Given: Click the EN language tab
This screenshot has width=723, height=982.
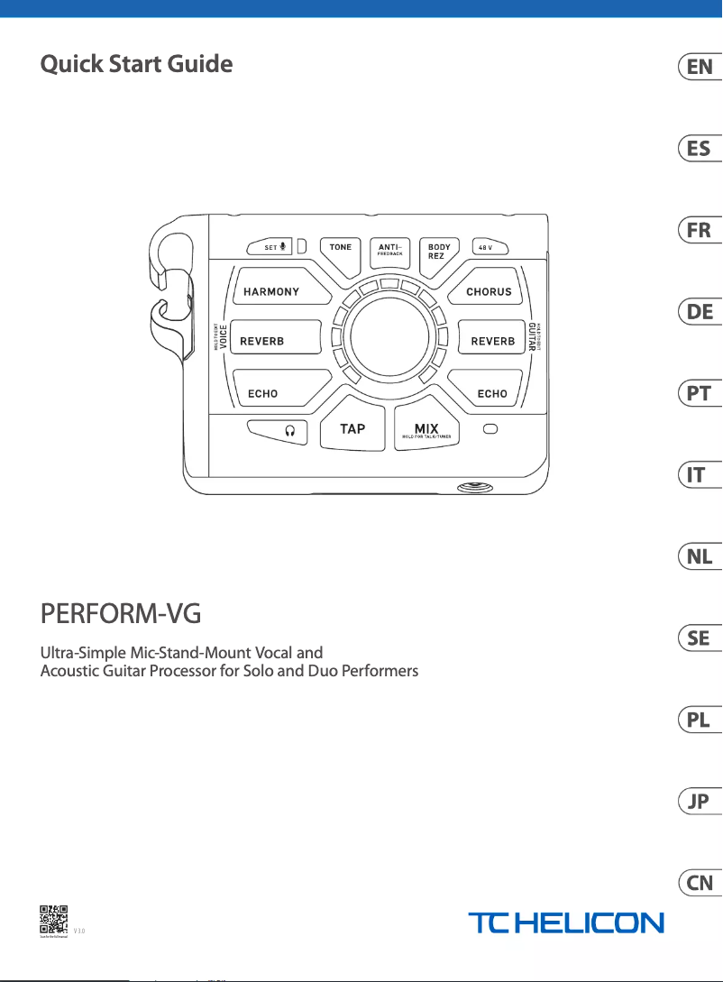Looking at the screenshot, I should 700,67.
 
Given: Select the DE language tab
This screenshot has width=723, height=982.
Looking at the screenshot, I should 700,312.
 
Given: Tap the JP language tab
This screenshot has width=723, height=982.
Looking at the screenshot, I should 700,802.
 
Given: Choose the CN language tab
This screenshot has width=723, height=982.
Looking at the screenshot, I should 700,883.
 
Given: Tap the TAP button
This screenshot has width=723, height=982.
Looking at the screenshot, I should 352,428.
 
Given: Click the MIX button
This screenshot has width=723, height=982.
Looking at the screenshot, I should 426,429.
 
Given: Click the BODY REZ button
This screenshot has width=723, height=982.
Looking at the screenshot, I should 439,252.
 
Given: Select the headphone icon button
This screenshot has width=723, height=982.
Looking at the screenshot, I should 277,431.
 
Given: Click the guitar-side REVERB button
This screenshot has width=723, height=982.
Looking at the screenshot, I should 492,340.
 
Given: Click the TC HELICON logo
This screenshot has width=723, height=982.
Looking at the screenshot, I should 565,922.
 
